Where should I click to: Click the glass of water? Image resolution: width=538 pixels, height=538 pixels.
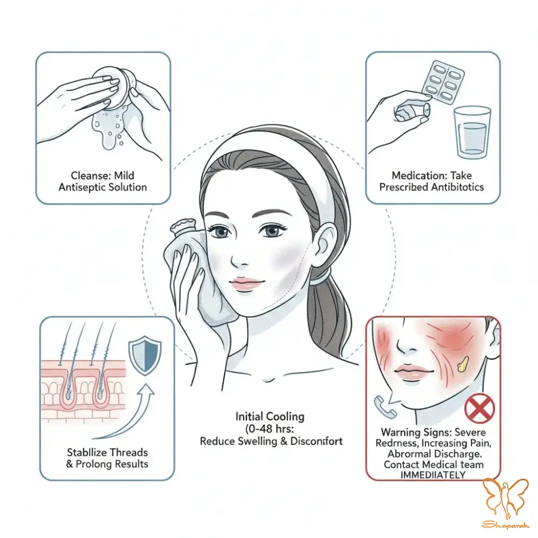(x=472, y=132)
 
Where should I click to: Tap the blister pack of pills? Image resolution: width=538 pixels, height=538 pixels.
(x=443, y=83)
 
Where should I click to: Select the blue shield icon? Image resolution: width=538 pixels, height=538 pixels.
(x=145, y=355)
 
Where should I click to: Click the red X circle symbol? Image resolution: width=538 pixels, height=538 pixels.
(x=479, y=408)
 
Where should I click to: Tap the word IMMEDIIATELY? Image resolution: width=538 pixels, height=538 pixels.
(x=433, y=475)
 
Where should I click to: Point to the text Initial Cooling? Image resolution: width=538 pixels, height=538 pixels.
(x=270, y=416)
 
